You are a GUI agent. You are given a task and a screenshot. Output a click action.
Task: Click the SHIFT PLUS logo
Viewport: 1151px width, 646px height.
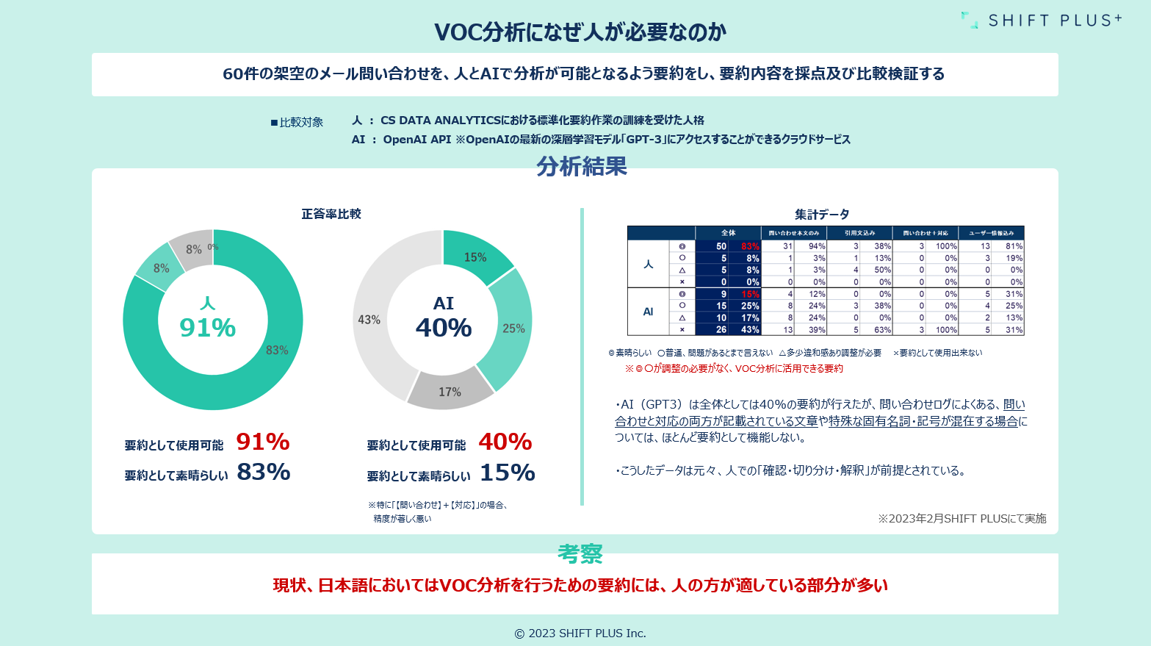(x=1042, y=20)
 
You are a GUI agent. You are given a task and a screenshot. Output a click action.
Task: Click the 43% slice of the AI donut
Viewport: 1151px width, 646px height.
(x=369, y=320)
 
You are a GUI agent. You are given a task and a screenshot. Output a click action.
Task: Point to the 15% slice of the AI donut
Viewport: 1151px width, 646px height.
(x=475, y=256)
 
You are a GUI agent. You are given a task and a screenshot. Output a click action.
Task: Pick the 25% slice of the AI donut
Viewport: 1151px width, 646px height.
(x=513, y=328)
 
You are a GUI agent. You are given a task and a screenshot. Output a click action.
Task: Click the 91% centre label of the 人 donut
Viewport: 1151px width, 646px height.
(x=208, y=328)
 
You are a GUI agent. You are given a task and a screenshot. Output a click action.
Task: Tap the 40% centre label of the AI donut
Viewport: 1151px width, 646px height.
(x=444, y=328)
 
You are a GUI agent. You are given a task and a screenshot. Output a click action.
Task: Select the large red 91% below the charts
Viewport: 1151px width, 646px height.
(x=263, y=442)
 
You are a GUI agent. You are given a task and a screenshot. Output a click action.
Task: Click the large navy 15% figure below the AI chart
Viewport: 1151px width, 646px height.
(x=508, y=473)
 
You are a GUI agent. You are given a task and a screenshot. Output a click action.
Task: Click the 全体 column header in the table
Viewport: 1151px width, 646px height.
(x=728, y=233)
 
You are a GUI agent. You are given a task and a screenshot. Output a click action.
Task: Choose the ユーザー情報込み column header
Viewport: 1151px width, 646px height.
(x=991, y=233)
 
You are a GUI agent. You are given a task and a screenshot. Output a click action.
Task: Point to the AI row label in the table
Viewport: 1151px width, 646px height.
(x=648, y=312)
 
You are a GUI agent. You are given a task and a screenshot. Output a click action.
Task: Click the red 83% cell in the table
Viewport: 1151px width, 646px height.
(x=750, y=246)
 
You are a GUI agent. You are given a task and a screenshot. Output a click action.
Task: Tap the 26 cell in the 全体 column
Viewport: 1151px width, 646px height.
(x=721, y=330)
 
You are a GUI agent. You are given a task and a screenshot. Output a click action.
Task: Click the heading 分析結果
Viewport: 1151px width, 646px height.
(x=582, y=167)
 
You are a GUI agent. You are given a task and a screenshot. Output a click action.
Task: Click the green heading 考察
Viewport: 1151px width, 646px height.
(x=580, y=553)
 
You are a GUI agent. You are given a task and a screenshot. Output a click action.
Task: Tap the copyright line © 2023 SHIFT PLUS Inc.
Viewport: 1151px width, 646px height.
(x=580, y=634)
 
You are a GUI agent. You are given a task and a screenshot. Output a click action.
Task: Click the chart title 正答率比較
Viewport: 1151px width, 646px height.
(x=331, y=214)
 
